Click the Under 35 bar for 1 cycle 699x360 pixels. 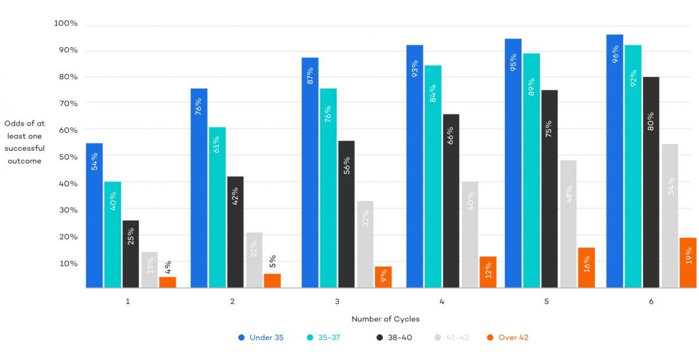(x=94, y=216)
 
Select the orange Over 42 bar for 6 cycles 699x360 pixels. (x=688, y=263)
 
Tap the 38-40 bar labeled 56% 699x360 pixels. (x=346, y=214)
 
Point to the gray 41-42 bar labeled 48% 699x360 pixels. (x=568, y=224)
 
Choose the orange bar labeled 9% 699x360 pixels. (x=383, y=277)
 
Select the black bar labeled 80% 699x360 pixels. (x=651, y=182)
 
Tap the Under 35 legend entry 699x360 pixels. (x=261, y=337)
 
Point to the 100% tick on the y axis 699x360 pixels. (x=66, y=23)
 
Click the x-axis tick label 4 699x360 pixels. (x=442, y=302)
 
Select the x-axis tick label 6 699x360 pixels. (x=651, y=302)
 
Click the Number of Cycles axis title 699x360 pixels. (x=386, y=319)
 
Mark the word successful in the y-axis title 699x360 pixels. (x=24, y=149)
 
